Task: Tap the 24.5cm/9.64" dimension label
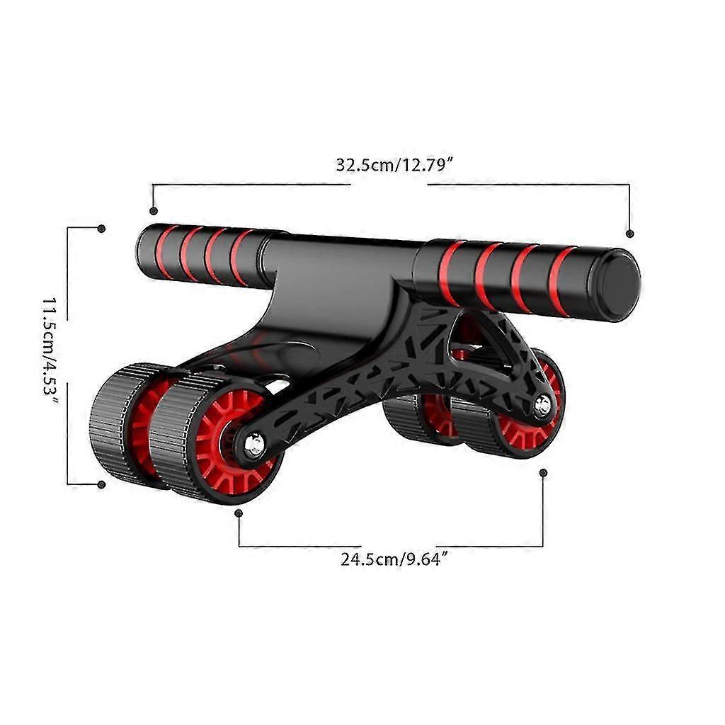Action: [394, 559]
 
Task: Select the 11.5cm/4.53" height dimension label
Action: [51, 352]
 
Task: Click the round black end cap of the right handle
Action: [617, 284]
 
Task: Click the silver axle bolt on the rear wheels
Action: [542, 405]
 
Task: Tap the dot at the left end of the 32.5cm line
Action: [154, 211]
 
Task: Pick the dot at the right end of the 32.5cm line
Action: [629, 234]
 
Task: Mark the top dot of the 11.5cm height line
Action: [102, 229]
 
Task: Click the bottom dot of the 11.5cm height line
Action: [102, 484]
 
